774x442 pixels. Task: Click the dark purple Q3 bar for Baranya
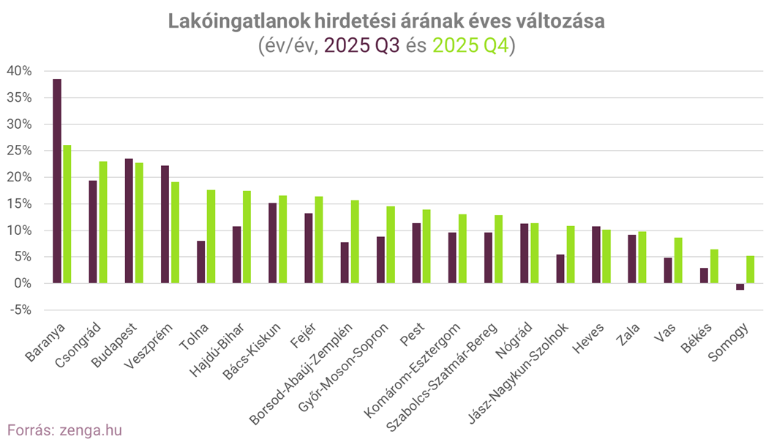57,181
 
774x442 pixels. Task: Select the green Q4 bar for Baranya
67,214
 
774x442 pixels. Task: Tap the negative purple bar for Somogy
740,287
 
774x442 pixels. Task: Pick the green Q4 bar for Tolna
211,236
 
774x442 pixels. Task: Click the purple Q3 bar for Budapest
129,221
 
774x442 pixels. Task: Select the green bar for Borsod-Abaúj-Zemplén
355,241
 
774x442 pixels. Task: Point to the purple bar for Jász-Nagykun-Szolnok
560,269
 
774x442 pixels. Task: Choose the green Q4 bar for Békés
715,266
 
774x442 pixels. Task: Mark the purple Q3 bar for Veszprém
165,224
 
